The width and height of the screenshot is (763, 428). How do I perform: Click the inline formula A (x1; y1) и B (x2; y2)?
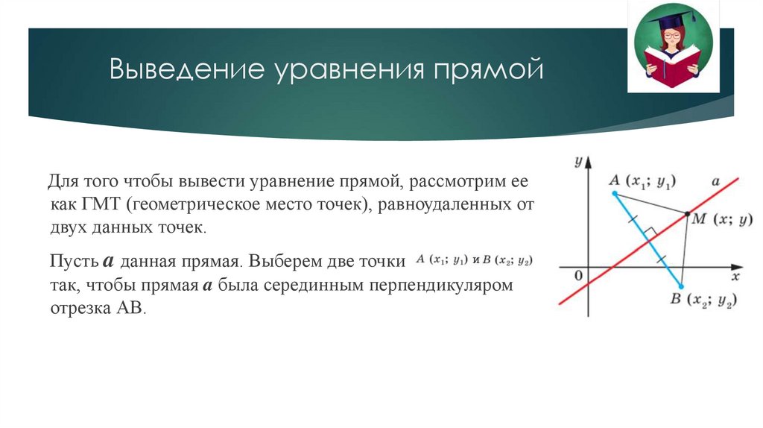coord(475,260)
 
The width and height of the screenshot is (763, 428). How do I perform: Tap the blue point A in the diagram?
coord(615,194)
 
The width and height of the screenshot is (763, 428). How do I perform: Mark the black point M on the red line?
coord(687,214)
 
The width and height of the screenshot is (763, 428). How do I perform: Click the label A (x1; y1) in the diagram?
coord(642,180)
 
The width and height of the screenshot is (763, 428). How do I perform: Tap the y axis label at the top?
coord(577,161)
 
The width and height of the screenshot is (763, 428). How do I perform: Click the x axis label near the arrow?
coord(734,277)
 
